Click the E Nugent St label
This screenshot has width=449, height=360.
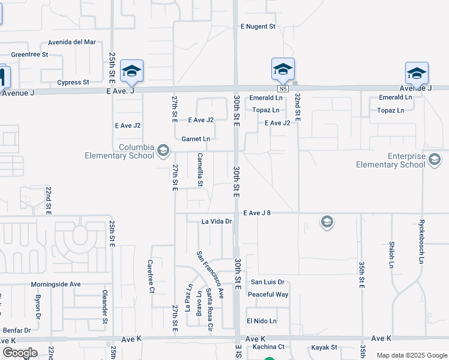258,26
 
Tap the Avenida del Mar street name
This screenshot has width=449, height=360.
73,42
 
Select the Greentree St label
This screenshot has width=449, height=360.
29,55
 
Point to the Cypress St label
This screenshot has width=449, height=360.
73,82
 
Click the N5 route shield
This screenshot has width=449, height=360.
284,89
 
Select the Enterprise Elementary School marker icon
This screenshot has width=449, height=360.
435,160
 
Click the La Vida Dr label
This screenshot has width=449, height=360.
217,221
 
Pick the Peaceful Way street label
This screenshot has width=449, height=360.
268,295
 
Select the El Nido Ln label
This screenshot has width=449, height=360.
261,321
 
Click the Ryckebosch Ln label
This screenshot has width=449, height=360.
421,241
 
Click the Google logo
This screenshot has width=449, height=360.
20,353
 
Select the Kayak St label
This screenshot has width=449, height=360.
324,347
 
